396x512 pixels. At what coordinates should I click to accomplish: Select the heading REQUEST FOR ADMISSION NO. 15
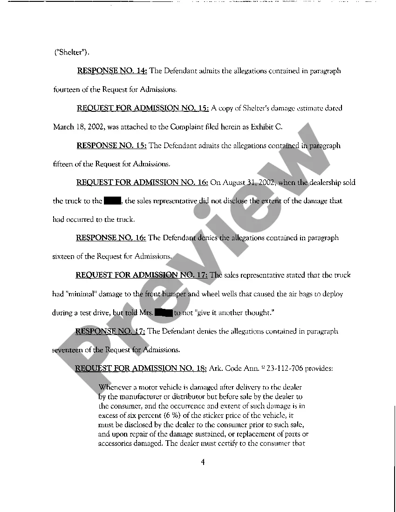pyautogui.click(x=143, y=108)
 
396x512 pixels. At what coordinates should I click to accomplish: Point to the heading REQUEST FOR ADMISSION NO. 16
pyautogui.click(x=142, y=182)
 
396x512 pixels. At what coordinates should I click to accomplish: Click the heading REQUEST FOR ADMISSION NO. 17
pyautogui.click(x=142, y=275)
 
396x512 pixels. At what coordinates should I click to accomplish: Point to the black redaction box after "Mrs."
pyautogui.click(x=164, y=313)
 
